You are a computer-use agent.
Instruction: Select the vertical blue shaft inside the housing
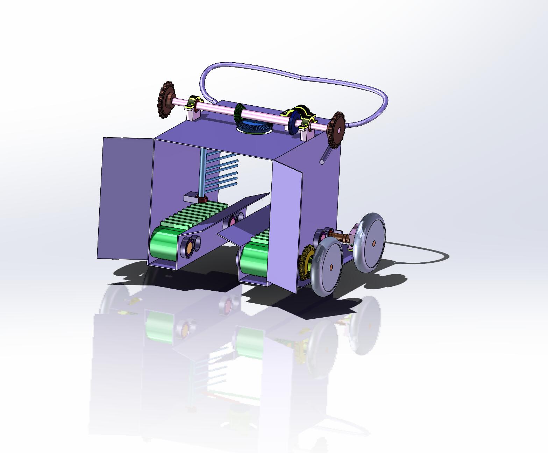point(202,171)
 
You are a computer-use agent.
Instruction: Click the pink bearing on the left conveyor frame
point(231,221)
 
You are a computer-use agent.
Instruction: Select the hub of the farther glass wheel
point(373,243)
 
